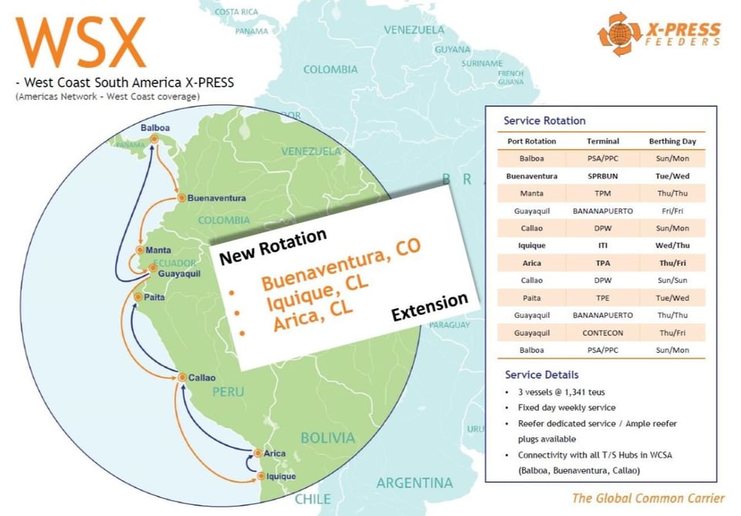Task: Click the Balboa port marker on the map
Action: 154,139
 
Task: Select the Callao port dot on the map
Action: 182,377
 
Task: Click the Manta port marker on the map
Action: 140,250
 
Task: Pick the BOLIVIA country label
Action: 328,438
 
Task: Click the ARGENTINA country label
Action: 414,484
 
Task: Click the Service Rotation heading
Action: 544,121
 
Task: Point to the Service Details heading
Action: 541,375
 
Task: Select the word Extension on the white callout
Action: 429,307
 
